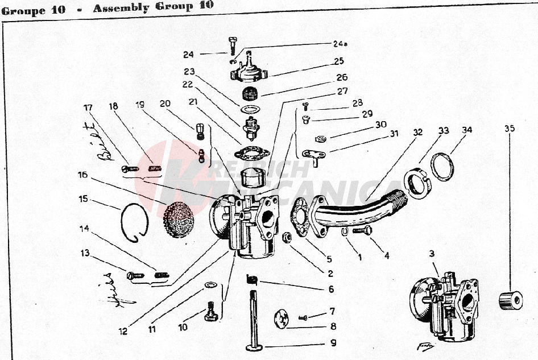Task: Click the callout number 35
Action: click(x=509, y=129)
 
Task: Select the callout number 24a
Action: click(x=339, y=43)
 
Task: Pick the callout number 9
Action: click(x=333, y=343)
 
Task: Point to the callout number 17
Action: click(x=88, y=107)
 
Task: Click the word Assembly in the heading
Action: click(x=118, y=8)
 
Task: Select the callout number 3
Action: click(x=432, y=253)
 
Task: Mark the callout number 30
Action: click(x=380, y=124)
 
